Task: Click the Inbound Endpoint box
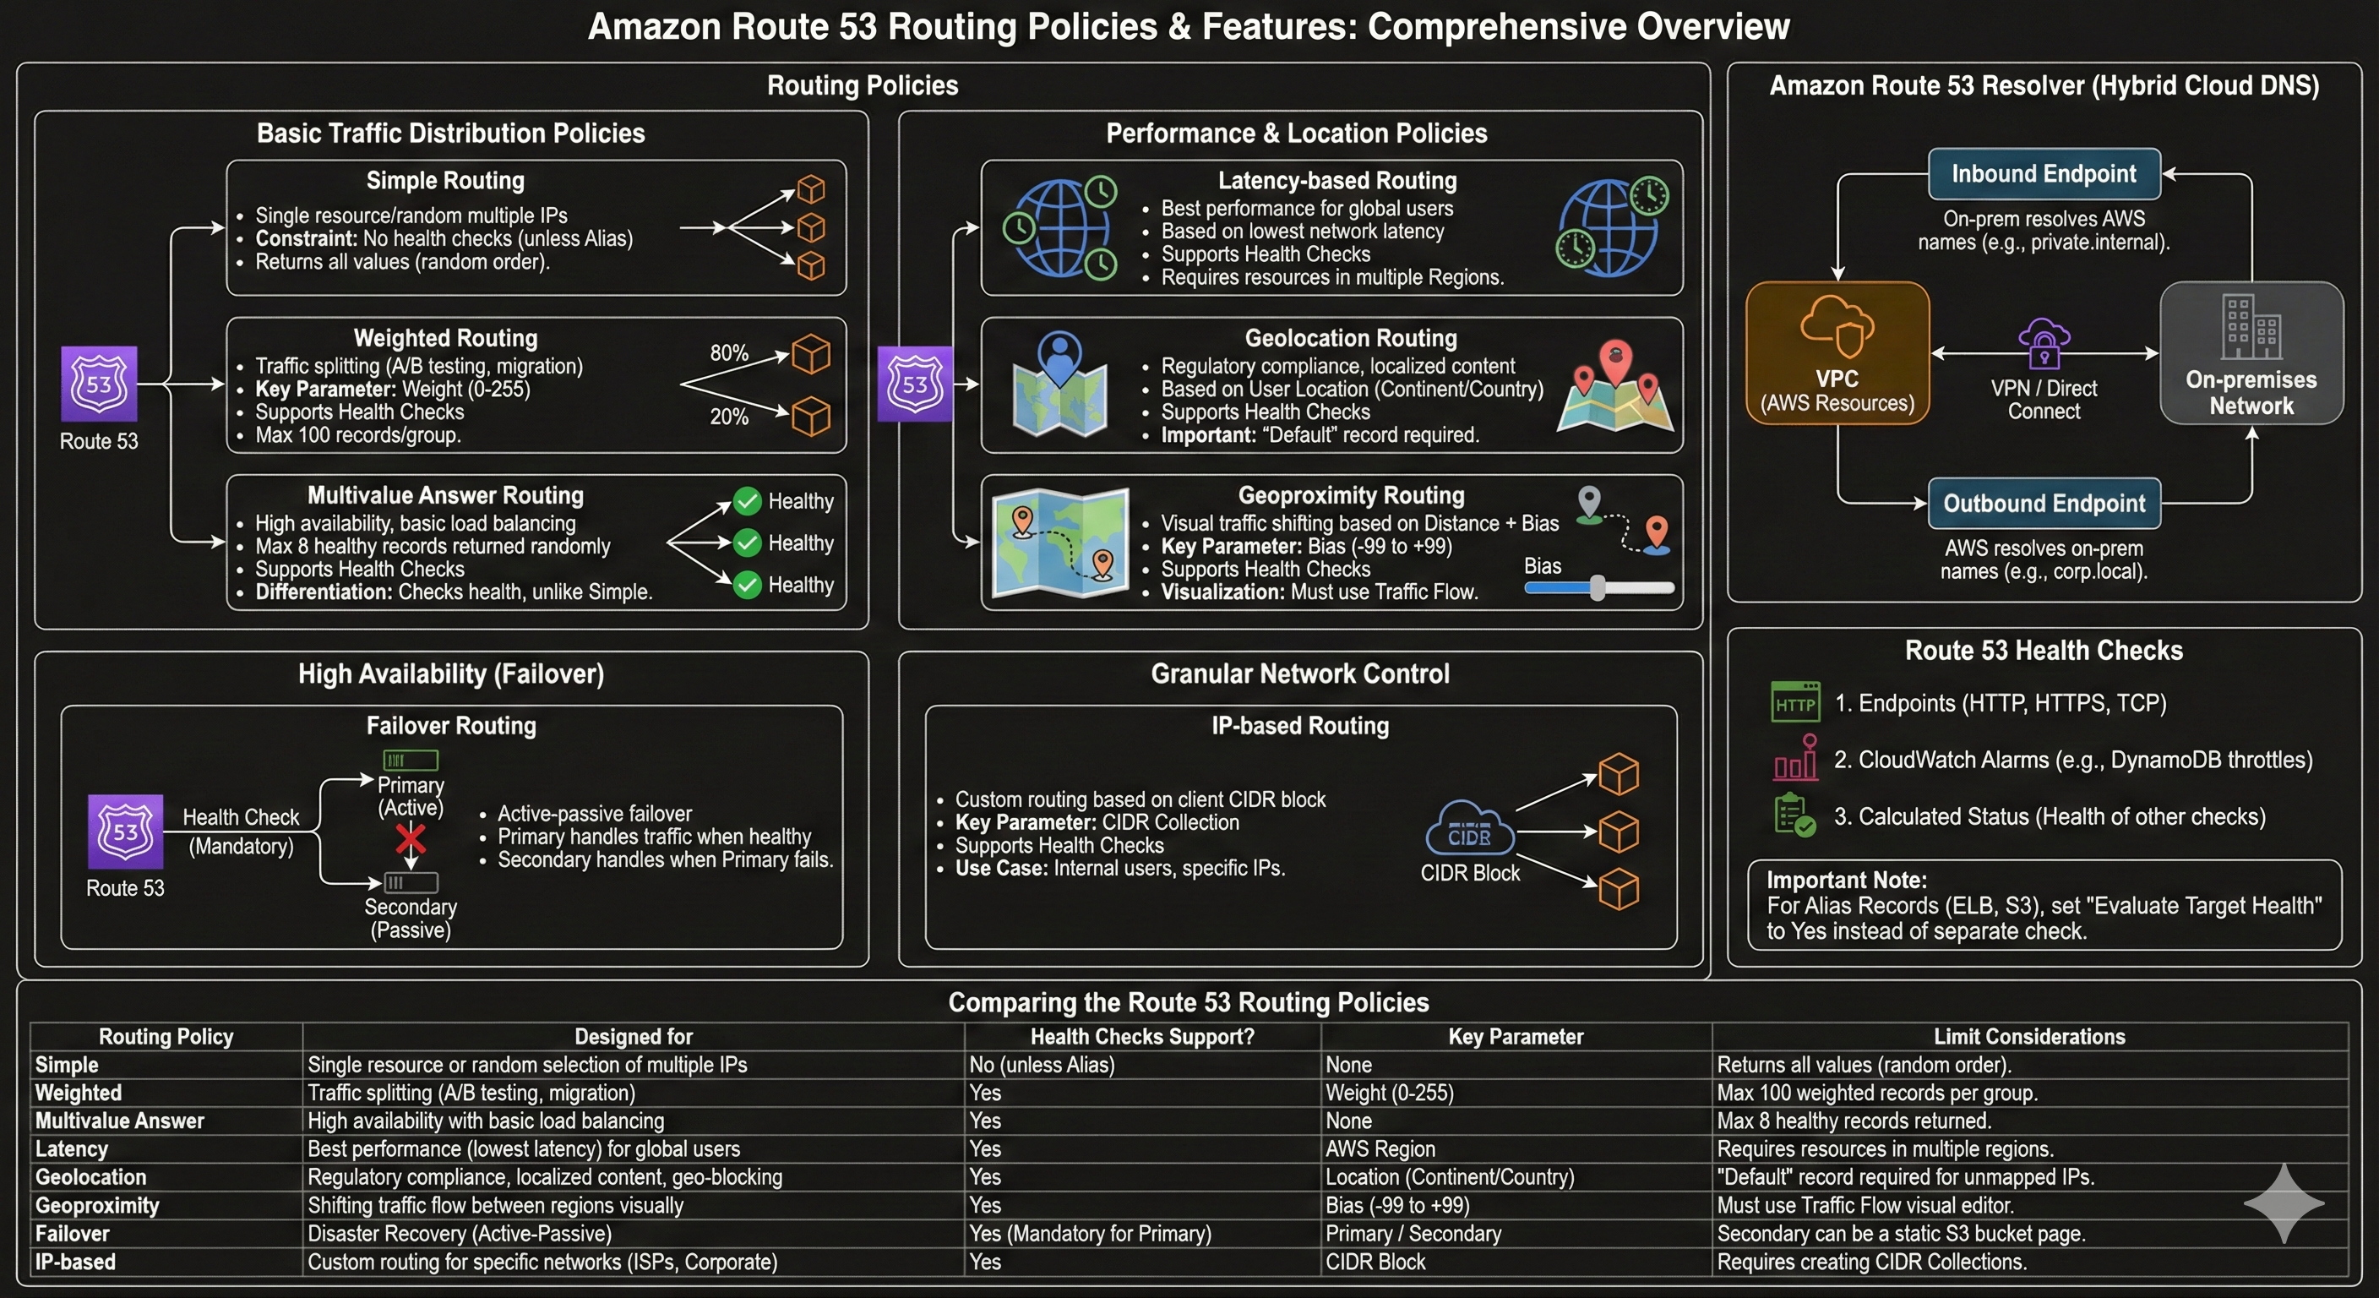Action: pos(2044,174)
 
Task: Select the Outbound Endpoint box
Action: pos(2044,504)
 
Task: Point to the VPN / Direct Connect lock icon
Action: pos(2044,343)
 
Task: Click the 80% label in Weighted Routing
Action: pos(729,353)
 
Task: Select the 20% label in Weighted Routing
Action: pos(729,417)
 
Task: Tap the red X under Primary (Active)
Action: pos(410,839)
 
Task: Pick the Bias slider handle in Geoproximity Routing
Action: pos(1598,587)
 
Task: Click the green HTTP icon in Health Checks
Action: pos(1795,702)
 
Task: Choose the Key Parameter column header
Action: pos(1516,1037)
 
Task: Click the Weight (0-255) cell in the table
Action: pos(1389,1093)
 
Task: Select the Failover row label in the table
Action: pos(72,1233)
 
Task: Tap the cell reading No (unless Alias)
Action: pos(1042,1064)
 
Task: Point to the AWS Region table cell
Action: pos(1380,1149)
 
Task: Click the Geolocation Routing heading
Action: pos(1350,338)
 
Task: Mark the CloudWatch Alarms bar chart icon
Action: pos(1795,759)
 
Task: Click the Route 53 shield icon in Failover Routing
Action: pos(126,832)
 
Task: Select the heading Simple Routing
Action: pos(445,180)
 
